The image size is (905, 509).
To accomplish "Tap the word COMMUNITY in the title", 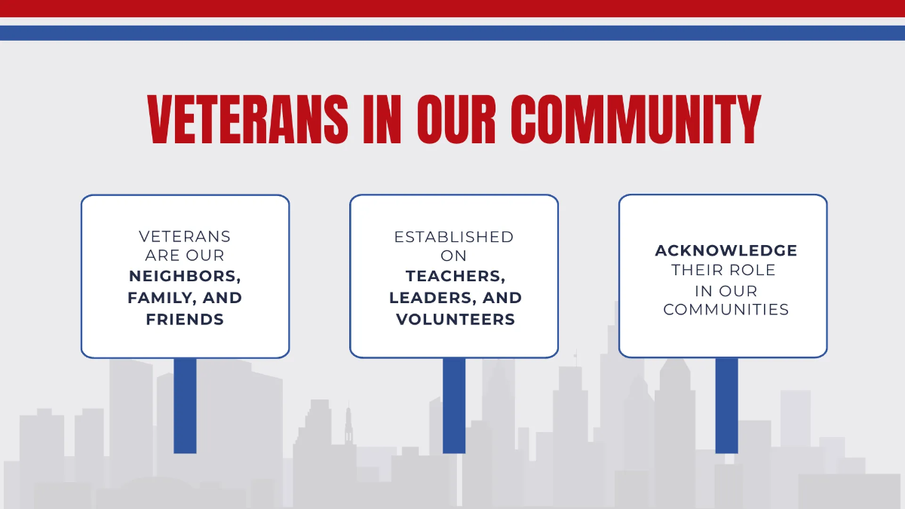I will point(635,120).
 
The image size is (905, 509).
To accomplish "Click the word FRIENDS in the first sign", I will point(185,320).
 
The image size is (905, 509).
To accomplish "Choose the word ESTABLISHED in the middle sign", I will point(453,237).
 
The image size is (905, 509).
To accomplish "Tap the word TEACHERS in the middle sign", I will point(455,277).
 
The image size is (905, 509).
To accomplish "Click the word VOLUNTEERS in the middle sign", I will point(456,320).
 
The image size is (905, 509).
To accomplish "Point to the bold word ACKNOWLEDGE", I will point(726,250).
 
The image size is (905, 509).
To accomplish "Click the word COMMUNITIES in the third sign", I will point(726,310).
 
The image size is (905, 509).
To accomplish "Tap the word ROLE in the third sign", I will point(756,270).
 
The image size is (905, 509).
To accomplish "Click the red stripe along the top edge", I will point(452,8).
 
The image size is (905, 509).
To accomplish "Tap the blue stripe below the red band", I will point(452,33).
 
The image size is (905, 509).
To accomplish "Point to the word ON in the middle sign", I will point(454,256).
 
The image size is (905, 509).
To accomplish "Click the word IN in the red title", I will point(382,120).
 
